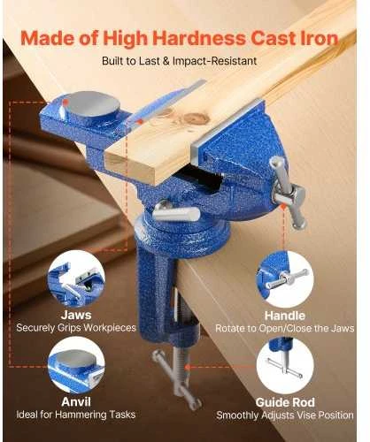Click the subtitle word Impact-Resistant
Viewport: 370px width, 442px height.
click(x=214, y=61)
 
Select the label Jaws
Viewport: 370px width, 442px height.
click(x=76, y=315)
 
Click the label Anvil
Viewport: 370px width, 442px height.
click(x=76, y=401)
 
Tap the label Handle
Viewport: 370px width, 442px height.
click(x=284, y=316)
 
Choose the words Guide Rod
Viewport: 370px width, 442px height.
click(x=285, y=402)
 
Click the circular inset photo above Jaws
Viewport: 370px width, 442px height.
click(x=76, y=278)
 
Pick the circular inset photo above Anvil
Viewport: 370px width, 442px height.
click(x=76, y=365)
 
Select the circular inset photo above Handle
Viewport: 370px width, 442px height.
click(x=285, y=279)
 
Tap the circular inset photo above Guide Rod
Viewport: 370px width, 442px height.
click(x=285, y=366)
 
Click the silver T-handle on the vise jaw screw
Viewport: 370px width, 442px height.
click(x=289, y=192)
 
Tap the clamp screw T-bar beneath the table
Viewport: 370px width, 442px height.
click(x=176, y=378)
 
